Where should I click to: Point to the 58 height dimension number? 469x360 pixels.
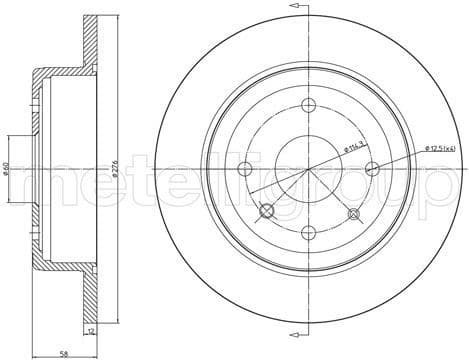click(63, 352)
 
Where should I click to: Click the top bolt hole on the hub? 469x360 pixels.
click(308, 107)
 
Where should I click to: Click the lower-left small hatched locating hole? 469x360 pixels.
click(266, 211)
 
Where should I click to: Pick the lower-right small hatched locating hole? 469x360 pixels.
click(352, 212)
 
